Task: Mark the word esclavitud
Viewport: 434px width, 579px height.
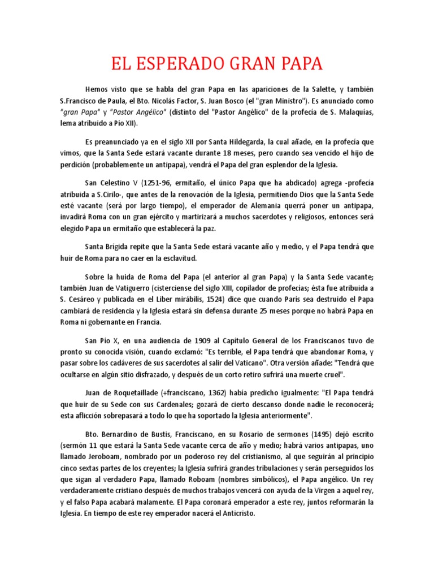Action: pyautogui.click(x=177, y=258)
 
